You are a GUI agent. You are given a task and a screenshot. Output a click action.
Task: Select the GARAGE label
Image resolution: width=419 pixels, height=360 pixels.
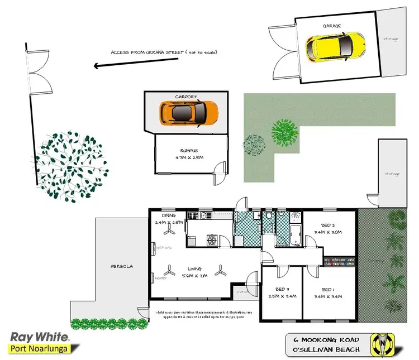click(x=332, y=26)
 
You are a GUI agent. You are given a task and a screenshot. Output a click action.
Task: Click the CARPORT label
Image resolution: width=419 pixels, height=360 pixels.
click(x=186, y=96)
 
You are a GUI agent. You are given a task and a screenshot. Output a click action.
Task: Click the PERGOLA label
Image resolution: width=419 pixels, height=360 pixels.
click(x=121, y=266)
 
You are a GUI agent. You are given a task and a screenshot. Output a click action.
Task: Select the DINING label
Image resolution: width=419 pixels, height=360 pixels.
click(x=169, y=214)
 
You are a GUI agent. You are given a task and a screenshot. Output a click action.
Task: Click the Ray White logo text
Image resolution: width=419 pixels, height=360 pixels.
click(x=39, y=337)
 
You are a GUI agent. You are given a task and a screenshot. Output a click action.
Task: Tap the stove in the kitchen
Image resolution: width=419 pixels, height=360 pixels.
click(x=212, y=241)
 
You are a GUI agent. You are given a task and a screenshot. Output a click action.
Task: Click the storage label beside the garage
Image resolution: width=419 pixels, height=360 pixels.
click(x=391, y=39)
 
